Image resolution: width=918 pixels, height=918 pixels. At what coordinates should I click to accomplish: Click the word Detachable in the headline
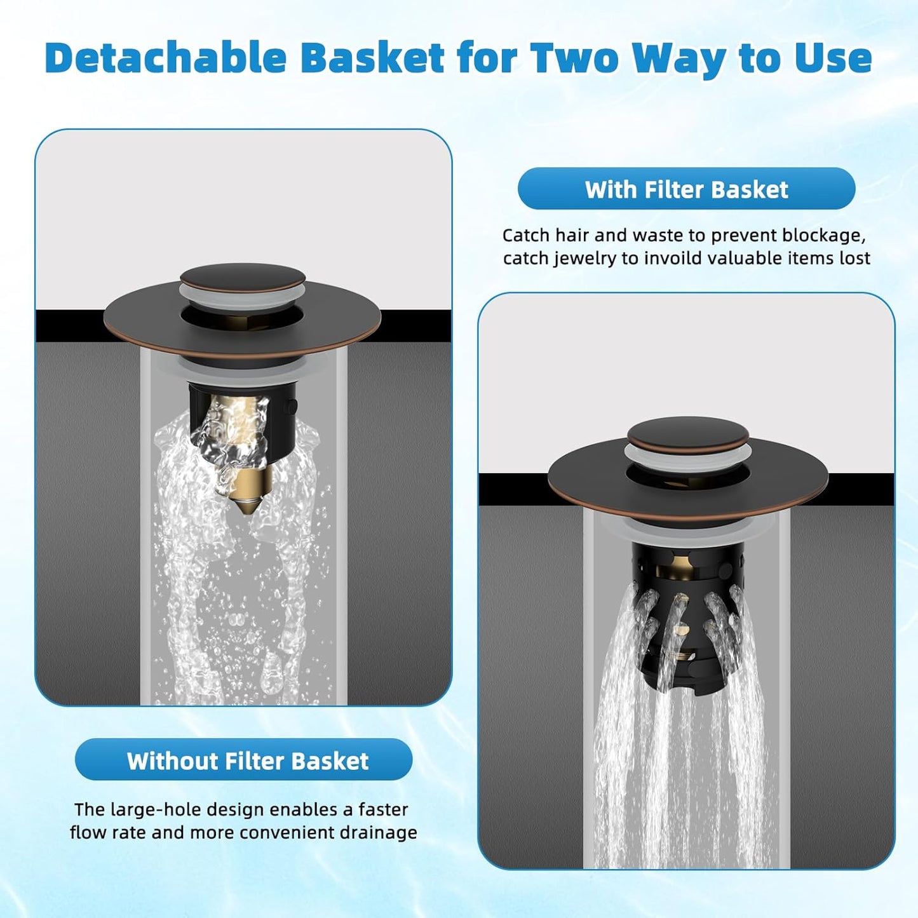pyautogui.click(x=166, y=58)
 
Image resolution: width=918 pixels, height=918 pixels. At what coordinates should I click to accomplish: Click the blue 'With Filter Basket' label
pyautogui.click(x=686, y=189)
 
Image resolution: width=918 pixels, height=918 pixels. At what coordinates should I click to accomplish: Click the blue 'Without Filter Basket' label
pyautogui.click(x=247, y=760)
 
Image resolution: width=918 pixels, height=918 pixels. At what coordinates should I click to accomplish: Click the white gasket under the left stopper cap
pyautogui.click(x=242, y=297)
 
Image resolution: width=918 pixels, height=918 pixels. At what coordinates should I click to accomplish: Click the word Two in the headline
pyautogui.click(x=575, y=58)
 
